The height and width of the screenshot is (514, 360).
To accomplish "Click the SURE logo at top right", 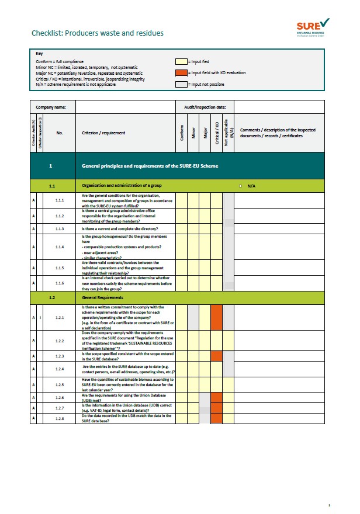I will click(313, 26).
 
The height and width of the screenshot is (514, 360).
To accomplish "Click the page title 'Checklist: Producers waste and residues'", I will click(98, 33).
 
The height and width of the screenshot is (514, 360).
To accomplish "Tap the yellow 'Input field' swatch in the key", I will click(181, 61).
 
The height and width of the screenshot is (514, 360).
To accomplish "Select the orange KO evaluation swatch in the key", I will click(181, 73).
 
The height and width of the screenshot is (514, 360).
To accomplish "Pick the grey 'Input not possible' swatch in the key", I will click(181, 85).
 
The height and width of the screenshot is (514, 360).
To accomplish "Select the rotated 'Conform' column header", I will click(182, 133).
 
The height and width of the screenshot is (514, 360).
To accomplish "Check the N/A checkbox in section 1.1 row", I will click(241, 186).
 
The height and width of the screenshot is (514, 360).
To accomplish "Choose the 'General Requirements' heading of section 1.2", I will click(106, 297).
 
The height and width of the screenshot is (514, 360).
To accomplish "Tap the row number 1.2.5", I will click(60, 385).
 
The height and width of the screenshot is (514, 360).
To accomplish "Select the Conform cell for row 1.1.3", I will click(182, 228).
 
